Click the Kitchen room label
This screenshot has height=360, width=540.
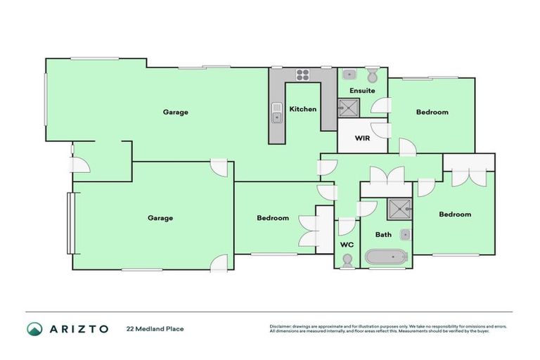point(303,109)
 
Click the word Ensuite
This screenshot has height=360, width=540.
point(362,91)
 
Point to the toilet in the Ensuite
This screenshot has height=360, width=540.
point(373,75)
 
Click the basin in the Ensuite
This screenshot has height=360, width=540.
point(349,73)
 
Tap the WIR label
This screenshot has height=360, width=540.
point(362,138)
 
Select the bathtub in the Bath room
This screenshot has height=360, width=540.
point(386,257)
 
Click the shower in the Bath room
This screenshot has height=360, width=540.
point(399,208)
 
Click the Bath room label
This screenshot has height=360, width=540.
point(383,234)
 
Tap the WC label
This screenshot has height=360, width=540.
point(346,244)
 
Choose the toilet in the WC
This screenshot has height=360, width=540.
point(346,260)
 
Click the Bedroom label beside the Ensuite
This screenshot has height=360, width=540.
point(432,112)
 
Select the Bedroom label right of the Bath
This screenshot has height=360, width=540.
point(455,214)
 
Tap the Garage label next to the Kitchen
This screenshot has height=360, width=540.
point(175,112)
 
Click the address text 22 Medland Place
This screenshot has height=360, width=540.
point(155,328)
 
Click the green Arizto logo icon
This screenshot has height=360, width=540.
point(34,328)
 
